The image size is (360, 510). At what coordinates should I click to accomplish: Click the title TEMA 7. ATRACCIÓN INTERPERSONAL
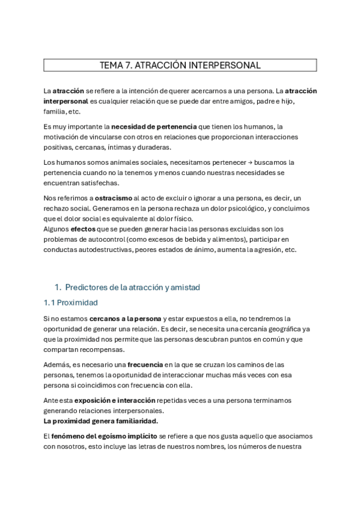pyautogui.click(x=180, y=65)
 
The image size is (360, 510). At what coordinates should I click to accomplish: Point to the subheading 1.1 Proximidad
pyautogui.click(x=71, y=303)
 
